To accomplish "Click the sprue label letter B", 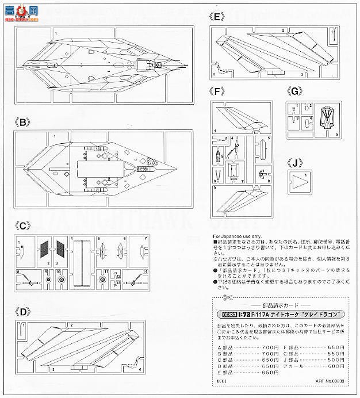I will [x=24, y=123].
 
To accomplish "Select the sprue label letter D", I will [x=24, y=313].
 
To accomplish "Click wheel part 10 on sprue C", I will [x=48, y=280].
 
